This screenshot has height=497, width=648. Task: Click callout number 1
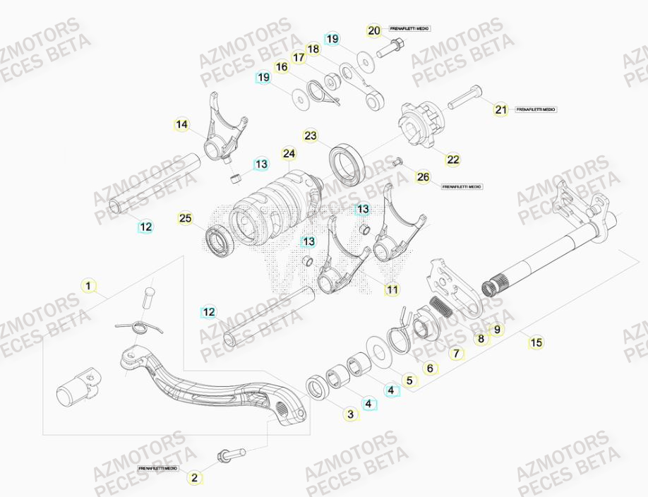[88, 287]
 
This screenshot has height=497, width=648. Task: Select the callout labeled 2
[195, 477]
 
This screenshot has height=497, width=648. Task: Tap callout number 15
[536, 343]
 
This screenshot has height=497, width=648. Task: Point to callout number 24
[289, 153]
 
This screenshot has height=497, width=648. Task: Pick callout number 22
[453, 160]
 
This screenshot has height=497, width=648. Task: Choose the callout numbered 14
[182, 126]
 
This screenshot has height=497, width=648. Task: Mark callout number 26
[423, 177]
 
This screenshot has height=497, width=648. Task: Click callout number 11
[392, 289]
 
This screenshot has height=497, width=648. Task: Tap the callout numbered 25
[186, 219]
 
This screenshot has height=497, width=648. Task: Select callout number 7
[456, 352]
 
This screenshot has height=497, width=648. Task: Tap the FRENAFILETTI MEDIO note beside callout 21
[536, 109]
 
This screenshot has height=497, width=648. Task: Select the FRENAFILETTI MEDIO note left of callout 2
[158, 468]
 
